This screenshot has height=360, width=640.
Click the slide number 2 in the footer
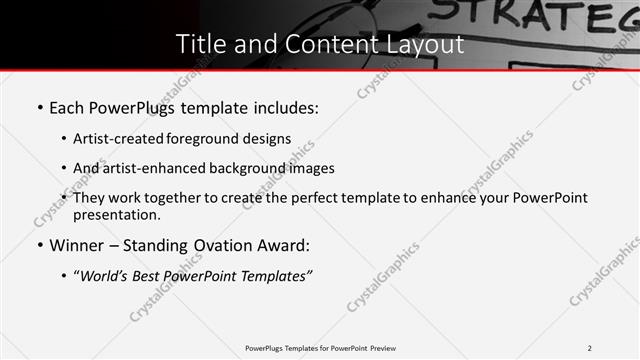[590, 348]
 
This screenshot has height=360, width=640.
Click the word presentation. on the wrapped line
[116, 215]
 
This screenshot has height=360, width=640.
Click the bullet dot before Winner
[39, 246]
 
